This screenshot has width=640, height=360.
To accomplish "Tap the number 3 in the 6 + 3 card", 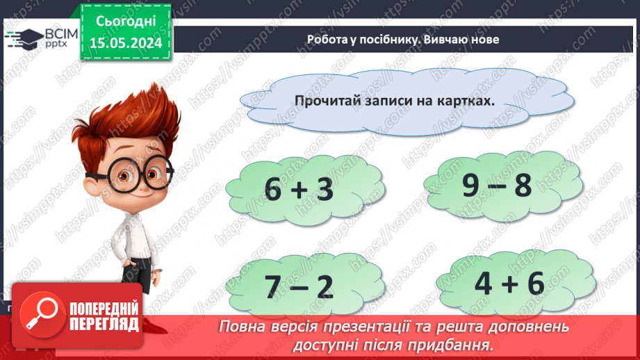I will tap(325, 190).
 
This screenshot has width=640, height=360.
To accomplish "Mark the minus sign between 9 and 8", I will tap(498, 186).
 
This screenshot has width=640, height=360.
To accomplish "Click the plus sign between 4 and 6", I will tap(509, 283).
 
